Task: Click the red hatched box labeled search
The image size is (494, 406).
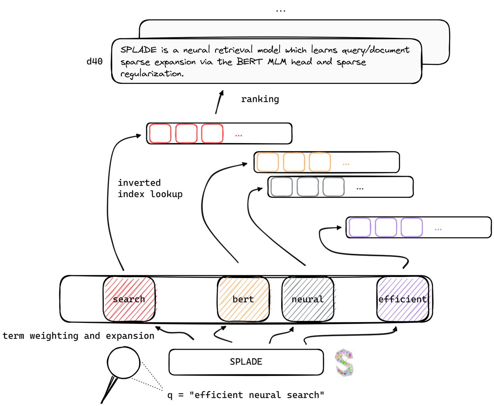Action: pos(129,299)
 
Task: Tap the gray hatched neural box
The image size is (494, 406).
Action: pos(308,299)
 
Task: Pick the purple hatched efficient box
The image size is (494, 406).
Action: pos(403,299)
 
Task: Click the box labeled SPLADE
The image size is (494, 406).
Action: pos(246,362)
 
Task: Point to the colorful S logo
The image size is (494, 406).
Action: pos(345,363)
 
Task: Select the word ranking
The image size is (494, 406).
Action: pos(260,99)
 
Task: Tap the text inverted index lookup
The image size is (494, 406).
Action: pos(150,188)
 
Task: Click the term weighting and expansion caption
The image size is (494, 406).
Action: pos(78,336)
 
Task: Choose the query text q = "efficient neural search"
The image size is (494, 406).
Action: pos(246,395)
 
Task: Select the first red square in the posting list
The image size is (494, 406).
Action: pos(160,133)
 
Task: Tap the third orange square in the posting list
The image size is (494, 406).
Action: pos(319,162)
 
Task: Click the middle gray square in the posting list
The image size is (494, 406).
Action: pos(308,187)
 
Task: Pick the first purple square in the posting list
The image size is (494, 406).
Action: pos(359,227)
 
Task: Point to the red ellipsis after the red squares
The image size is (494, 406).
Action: pos(238,135)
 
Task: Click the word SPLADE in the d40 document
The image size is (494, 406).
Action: pos(137,50)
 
